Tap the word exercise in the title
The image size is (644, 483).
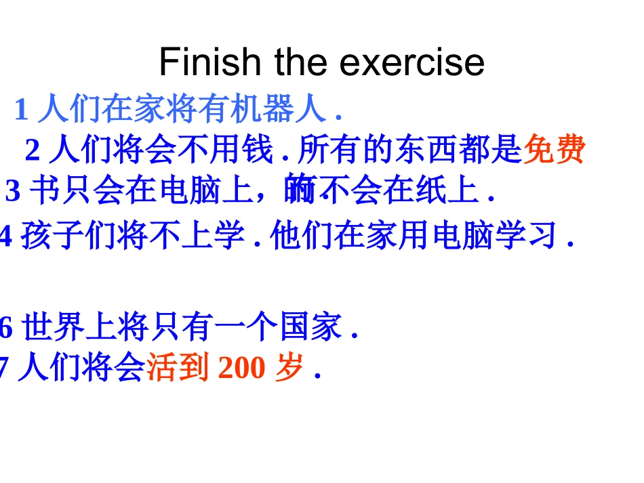tap(411, 62)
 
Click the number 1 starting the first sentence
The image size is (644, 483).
tap(21, 109)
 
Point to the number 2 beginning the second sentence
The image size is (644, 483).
tap(33, 150)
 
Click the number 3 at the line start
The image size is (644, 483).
tap(13, 192)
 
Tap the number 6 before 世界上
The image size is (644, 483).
tap(6, 329)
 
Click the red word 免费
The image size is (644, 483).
tap(554, 150)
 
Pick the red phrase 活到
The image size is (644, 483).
tap(178, 369)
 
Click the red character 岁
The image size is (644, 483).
tap(290, 369)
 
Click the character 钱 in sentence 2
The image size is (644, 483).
tap(259, 150)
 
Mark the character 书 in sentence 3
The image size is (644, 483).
tap(45, 192)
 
